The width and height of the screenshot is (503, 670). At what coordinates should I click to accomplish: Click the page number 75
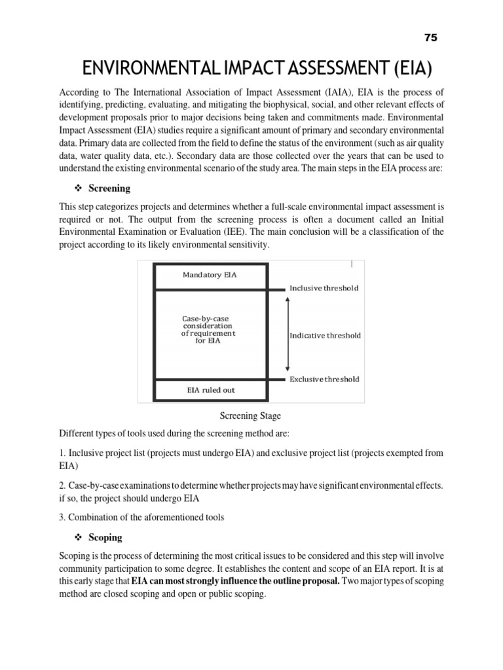coord(430,37)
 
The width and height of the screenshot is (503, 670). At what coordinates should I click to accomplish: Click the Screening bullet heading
coord(109,188)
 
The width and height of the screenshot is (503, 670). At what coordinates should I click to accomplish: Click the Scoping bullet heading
coord(105,537)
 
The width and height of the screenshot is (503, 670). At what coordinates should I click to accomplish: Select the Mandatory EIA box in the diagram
coord(210,275)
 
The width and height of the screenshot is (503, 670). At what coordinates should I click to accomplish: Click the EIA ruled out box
coord(210,390)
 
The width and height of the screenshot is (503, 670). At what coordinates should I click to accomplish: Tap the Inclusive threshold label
coord(324,289)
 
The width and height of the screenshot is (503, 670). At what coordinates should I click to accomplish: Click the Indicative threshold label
coord(325,336)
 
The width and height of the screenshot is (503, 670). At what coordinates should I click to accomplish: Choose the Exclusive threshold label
coord(324,379)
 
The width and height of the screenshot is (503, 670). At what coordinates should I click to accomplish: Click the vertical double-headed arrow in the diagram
coord(288,334)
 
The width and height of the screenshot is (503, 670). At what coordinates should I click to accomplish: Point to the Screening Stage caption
coord(251,415)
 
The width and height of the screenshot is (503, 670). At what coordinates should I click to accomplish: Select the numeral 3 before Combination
coord(62,517)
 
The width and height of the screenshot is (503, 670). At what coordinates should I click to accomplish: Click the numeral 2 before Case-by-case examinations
coord(62,485)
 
